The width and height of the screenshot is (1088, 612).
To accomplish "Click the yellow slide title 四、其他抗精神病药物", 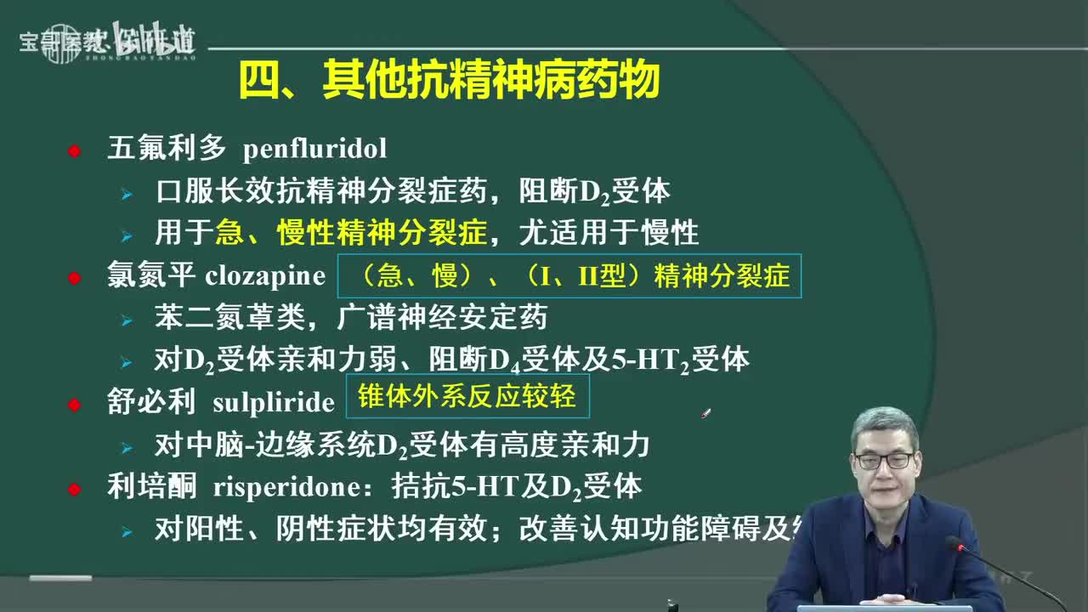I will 449,82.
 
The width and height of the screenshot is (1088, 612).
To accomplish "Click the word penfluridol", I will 314,149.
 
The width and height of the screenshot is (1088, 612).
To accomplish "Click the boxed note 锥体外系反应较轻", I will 467,396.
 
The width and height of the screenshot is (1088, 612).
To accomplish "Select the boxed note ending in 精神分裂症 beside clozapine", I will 569,275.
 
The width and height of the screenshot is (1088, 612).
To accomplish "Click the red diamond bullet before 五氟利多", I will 75,150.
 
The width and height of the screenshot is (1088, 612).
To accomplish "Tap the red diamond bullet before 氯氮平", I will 75,277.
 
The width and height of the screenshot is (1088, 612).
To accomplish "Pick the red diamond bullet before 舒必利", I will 75,404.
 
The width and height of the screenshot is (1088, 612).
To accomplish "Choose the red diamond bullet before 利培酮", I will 75,489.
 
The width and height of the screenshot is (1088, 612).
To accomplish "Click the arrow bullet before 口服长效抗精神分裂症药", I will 127,194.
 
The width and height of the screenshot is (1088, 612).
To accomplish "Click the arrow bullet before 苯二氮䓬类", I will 127,320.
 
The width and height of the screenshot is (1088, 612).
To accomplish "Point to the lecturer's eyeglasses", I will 885,460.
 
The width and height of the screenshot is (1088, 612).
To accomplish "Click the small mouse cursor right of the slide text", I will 705,413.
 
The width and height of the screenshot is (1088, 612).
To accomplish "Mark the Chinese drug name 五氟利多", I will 167,149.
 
